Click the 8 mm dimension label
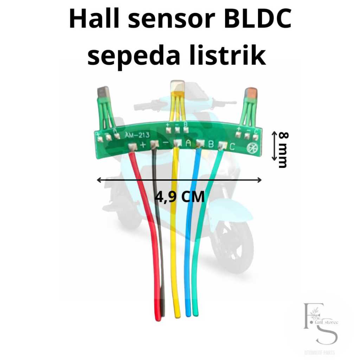[282, 150]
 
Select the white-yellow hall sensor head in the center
[177, 87]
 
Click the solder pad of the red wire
[132, 148]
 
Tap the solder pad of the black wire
[154, 144]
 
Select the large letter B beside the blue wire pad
[211, 144]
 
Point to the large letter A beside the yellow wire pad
[188, 143]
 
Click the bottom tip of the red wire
[158, 318]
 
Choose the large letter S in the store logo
[327, 334]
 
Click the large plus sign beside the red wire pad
[142, 144]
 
